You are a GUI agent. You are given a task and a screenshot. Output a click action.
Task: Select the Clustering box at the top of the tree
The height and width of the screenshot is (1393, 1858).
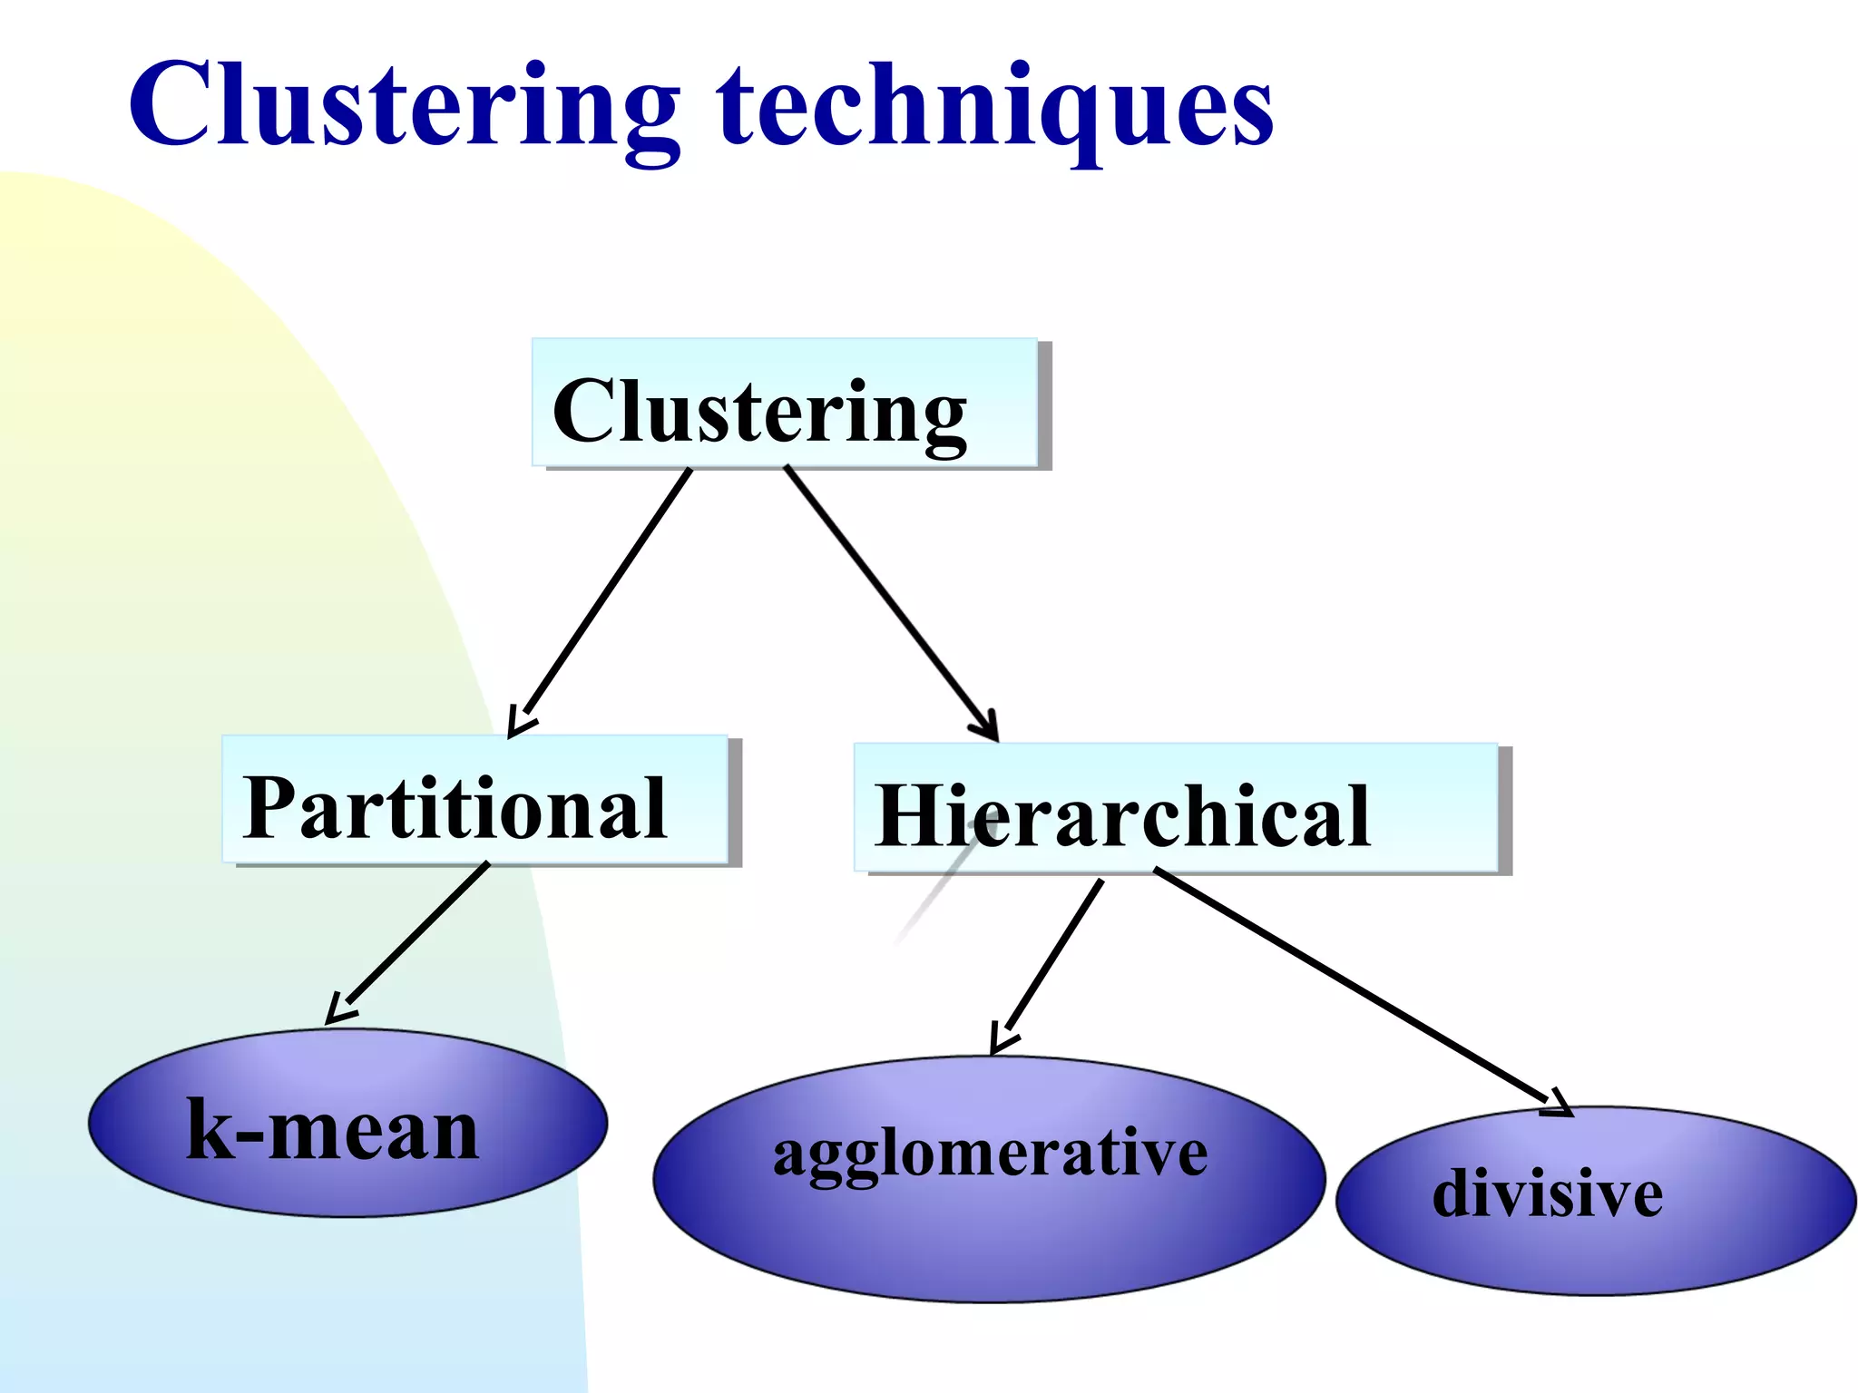(784, 404)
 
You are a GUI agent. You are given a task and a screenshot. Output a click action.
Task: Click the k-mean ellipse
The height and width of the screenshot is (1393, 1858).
(347, 1125)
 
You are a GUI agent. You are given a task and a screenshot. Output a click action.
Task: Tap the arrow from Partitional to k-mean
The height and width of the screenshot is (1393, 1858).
(413, 939)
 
